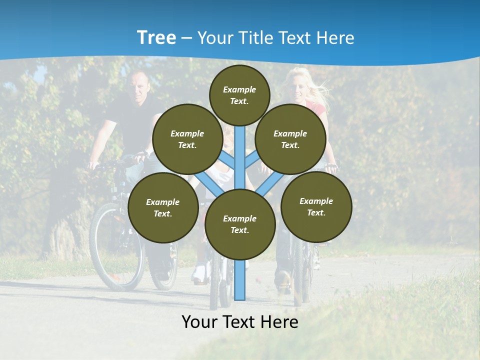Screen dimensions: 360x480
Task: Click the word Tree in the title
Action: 156,37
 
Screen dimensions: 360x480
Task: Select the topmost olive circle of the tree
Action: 239,95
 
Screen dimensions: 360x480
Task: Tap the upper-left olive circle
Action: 187,139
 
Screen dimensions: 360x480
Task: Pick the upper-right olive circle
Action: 290,139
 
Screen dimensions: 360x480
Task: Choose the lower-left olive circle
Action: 163,207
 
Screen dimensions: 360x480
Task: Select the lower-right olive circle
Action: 316,206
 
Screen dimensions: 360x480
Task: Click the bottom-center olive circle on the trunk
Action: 240,224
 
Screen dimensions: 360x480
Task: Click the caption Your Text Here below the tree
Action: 240,322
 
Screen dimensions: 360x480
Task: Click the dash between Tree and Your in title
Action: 186,38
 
